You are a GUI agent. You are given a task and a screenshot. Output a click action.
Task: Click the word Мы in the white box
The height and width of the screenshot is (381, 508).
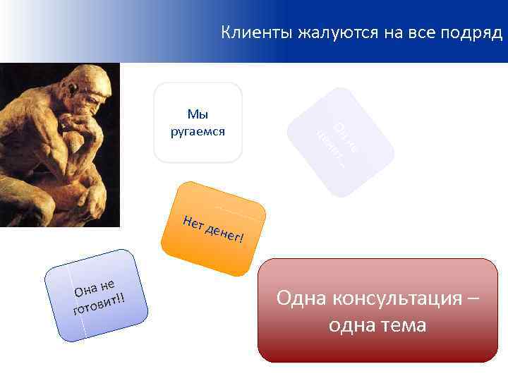point(198,114)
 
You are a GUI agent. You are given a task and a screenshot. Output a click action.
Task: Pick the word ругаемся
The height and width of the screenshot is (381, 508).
point(198,131)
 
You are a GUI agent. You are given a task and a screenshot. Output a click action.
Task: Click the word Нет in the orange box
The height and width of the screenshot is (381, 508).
point(192,222)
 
